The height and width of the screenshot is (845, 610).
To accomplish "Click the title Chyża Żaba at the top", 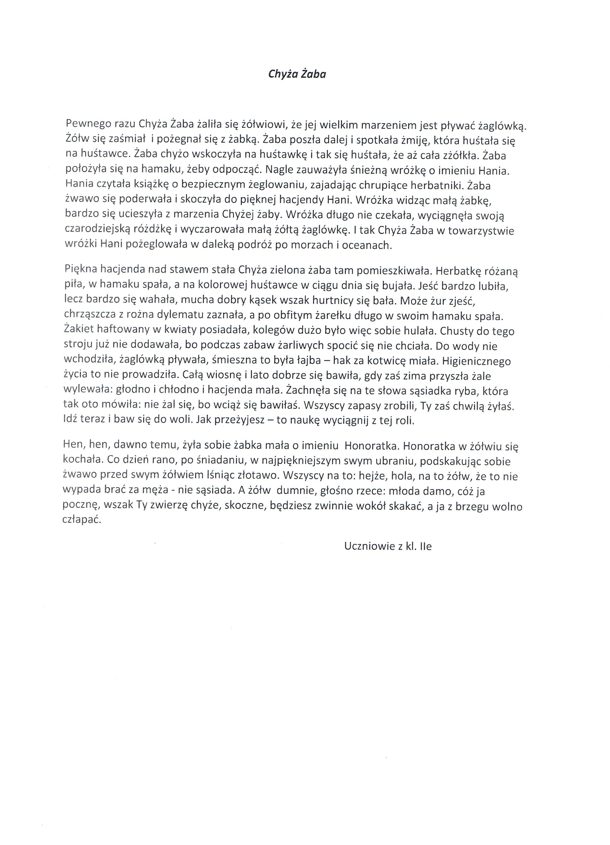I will (x=297, y=74).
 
